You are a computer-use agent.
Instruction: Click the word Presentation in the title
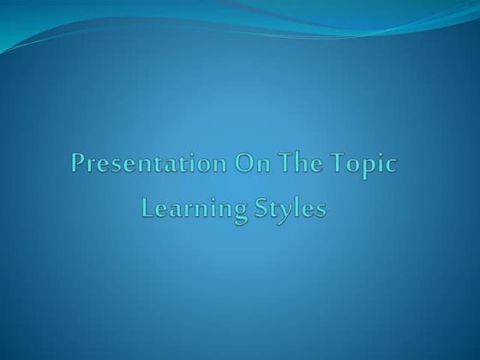143,164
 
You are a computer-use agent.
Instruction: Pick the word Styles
290,208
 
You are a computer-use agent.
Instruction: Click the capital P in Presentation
79,164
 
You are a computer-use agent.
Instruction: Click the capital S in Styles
261,207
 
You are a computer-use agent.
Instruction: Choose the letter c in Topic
391,165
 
